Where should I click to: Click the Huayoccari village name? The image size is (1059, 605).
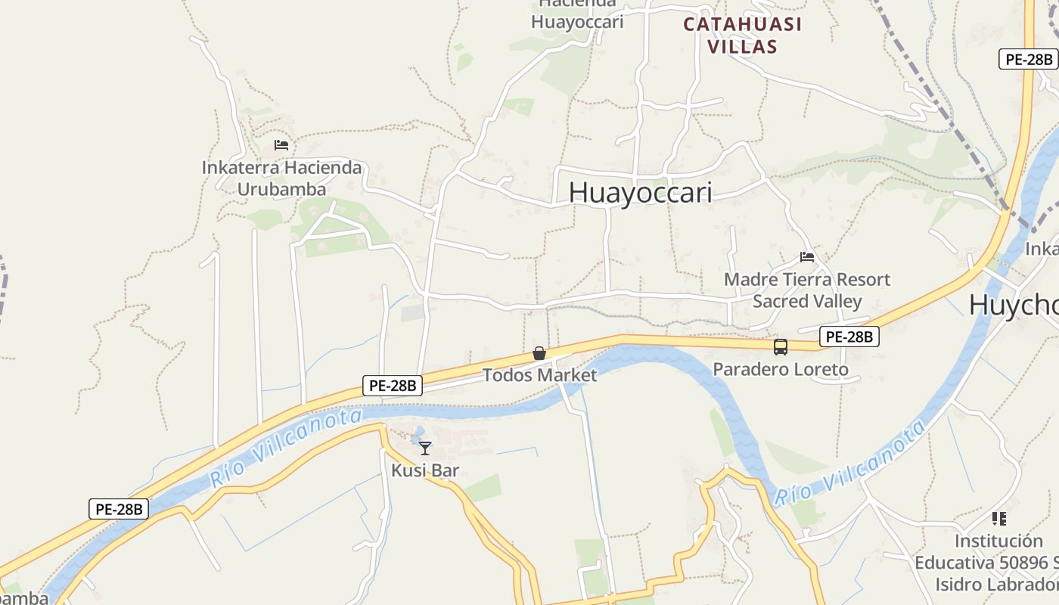coord(640,192)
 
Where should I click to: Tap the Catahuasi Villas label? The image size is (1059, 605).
coord(742,35)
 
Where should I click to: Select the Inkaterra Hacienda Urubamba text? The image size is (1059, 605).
coord(281,178)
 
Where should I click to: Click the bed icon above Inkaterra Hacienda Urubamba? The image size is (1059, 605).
coord(281,144)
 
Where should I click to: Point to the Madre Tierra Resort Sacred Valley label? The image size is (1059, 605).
coord(807,290)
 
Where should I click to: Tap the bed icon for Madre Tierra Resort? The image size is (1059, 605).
coord(807,257)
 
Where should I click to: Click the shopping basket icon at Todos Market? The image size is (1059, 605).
coord(539,353)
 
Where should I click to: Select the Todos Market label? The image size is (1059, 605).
coord(539,374)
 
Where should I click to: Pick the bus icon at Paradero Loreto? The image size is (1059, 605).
coord(781,347)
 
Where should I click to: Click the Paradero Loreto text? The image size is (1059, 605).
coord(781,370)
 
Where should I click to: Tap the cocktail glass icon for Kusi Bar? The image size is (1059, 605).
coord(425,448)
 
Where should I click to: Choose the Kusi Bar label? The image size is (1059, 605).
coord(425,470)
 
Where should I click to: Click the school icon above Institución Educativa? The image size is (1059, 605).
coord(999,519)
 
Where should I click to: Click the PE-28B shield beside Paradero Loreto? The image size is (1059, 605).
coord(849,337)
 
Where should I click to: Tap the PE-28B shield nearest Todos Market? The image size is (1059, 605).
coord(392,386)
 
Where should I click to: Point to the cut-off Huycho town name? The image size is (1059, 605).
coord(1014,304)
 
